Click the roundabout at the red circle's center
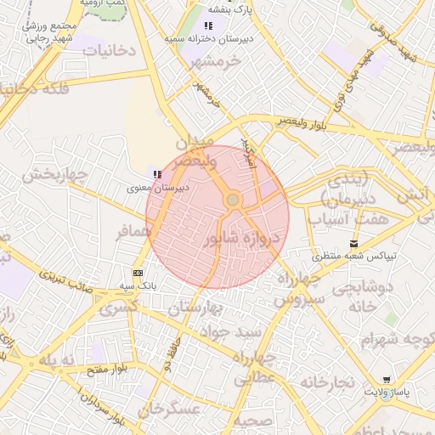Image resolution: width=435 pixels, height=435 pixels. point(233,200)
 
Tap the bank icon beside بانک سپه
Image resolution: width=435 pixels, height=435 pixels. point(138,273)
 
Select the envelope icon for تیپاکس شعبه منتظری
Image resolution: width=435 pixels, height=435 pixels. point(353,244)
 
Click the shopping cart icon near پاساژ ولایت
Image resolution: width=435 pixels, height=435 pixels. point(387,380)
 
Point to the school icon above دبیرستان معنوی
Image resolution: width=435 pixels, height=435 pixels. point(156,174)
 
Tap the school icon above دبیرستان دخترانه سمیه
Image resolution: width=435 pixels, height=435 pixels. point(209,25)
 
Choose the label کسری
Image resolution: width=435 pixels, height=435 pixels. point(118,308)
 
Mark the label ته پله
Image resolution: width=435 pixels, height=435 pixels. point(59,361)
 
